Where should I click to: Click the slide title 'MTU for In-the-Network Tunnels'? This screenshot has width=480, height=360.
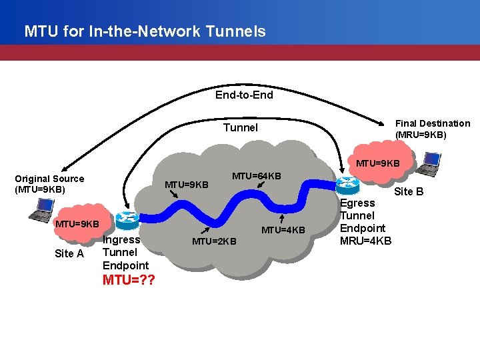(145, 31)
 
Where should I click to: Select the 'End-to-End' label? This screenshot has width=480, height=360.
(244, 95)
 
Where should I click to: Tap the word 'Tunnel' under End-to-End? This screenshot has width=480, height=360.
(240, 127)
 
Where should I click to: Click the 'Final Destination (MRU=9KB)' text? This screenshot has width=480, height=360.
(433, 129)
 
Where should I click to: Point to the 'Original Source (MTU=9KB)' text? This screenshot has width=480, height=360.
(49, 184)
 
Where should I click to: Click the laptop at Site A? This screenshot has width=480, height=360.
(40, 210)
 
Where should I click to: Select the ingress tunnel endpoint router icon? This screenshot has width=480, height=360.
(126, 219)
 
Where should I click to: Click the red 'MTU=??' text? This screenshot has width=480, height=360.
(129, 279)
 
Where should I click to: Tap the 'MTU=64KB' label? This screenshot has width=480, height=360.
(256, 176)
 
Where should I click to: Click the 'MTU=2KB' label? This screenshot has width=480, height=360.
(213, 241)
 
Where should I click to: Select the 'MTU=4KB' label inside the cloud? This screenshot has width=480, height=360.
(283, 230)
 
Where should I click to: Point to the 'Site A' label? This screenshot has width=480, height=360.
(69, 253)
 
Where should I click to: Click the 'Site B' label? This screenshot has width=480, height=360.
(409, 191)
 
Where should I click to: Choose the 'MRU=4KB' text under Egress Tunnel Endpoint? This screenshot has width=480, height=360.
(366, 241)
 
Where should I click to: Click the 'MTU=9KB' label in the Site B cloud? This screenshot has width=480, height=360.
(377, 163)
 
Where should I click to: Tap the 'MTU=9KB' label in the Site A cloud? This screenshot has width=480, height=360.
(77, 223)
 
